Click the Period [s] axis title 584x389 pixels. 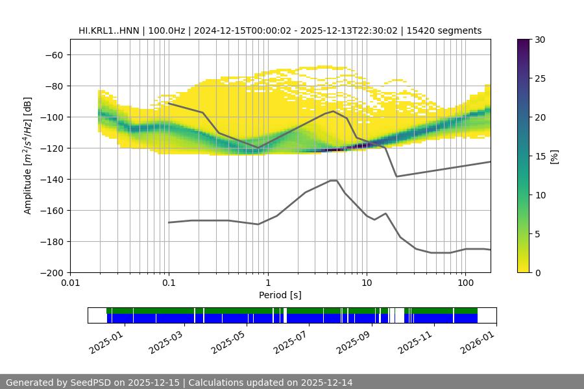(x=280, y=295)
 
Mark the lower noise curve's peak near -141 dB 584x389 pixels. (x=334, y=180)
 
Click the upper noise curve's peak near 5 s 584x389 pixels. (x=334, y=111)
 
